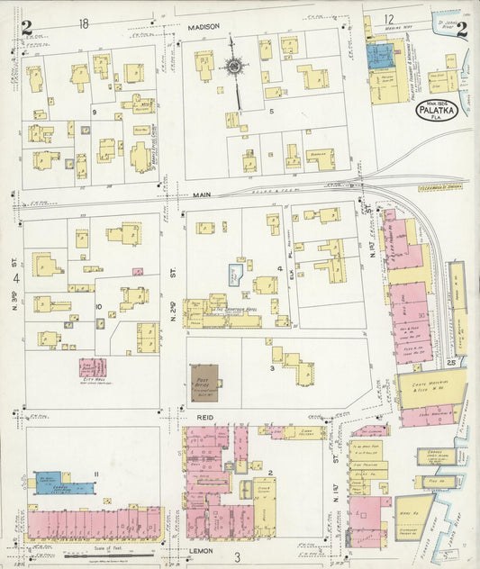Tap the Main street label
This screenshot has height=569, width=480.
[x=200, y=193]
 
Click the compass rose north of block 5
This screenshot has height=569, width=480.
[x=232, y=65]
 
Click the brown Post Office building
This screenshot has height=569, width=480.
[x=204, y=382]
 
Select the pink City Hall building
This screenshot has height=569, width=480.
[x=91, y=367]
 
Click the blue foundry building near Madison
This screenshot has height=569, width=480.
[x=377, y=57]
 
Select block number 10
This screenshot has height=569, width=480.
[x=98, y=306]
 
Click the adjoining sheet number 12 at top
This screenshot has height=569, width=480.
[x=388, y=19]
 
